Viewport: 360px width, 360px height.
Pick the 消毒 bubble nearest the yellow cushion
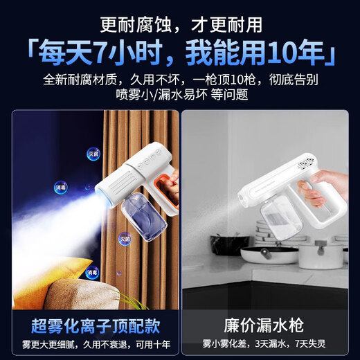point(92,273)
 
